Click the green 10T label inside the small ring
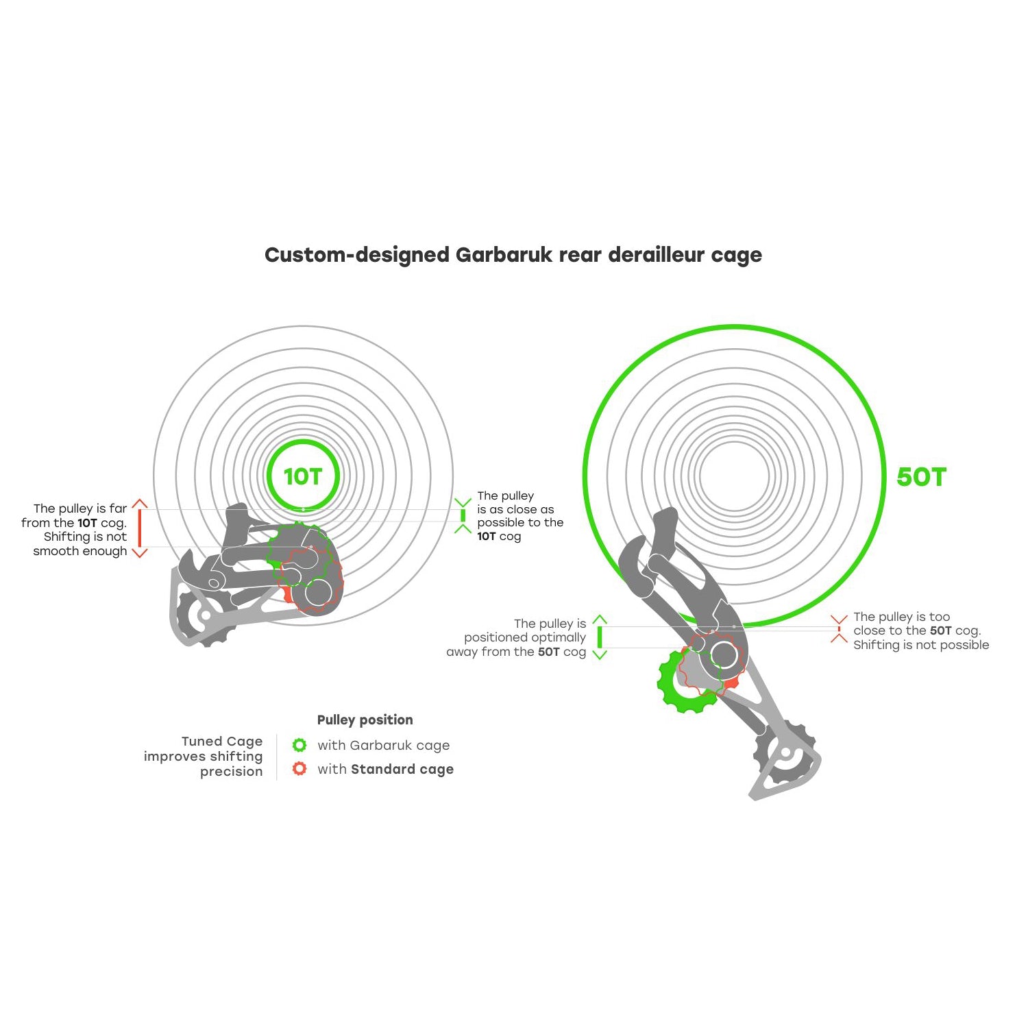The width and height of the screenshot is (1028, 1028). pyautogui.click(x=302, y=476)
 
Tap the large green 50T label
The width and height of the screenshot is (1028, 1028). pyautogui.click(x=921, y=477)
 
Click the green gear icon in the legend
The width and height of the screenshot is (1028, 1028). pyautogui.click(x=299, y=745)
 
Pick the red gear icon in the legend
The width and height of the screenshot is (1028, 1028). pyautogui.click(x=299, y=769)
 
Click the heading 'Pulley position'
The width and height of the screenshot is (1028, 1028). pyautogui.click(x=365, y=720)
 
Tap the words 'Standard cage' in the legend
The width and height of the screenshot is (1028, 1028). pyautogui.click(x=402, y=769)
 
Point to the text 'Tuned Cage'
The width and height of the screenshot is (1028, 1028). pyautogui.click(x=222, y=741)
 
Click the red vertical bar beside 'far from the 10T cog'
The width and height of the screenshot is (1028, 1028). pyautogui.click(x=140, y=528)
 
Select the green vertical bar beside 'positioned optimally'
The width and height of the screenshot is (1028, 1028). pyautogui.click(x=600, y=637)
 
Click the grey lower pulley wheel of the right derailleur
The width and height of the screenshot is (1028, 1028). pyautogui.click(x=785, y=752)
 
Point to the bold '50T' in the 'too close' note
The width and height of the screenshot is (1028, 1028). pyautogui.click(x=940, y=631)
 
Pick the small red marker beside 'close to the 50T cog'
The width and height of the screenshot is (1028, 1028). pyautogui.click(x=839, y=629)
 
